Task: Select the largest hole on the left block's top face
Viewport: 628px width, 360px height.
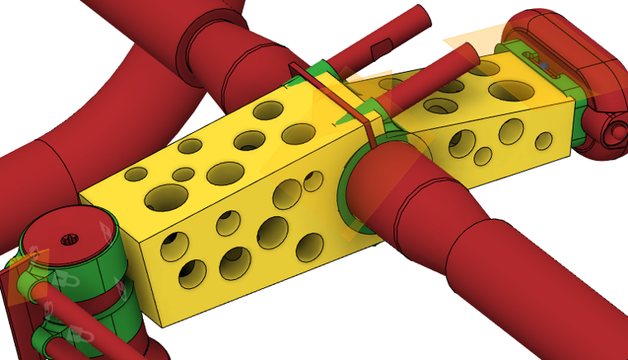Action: click(x=166, y=196)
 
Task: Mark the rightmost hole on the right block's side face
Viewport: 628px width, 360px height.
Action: click(x=544, y=140)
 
